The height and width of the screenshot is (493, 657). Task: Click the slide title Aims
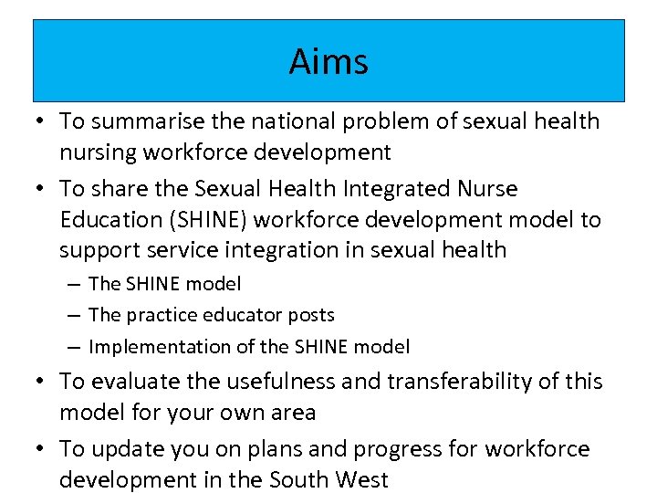pyautogui.click(x=328, y=62)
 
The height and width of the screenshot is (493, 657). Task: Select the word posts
pyautogui.click(x=311, y=315)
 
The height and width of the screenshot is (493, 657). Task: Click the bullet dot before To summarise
pyautogui.click(x=42, y=121)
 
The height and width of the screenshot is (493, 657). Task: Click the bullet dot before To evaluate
pyautogui.click(x=42, y=382)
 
